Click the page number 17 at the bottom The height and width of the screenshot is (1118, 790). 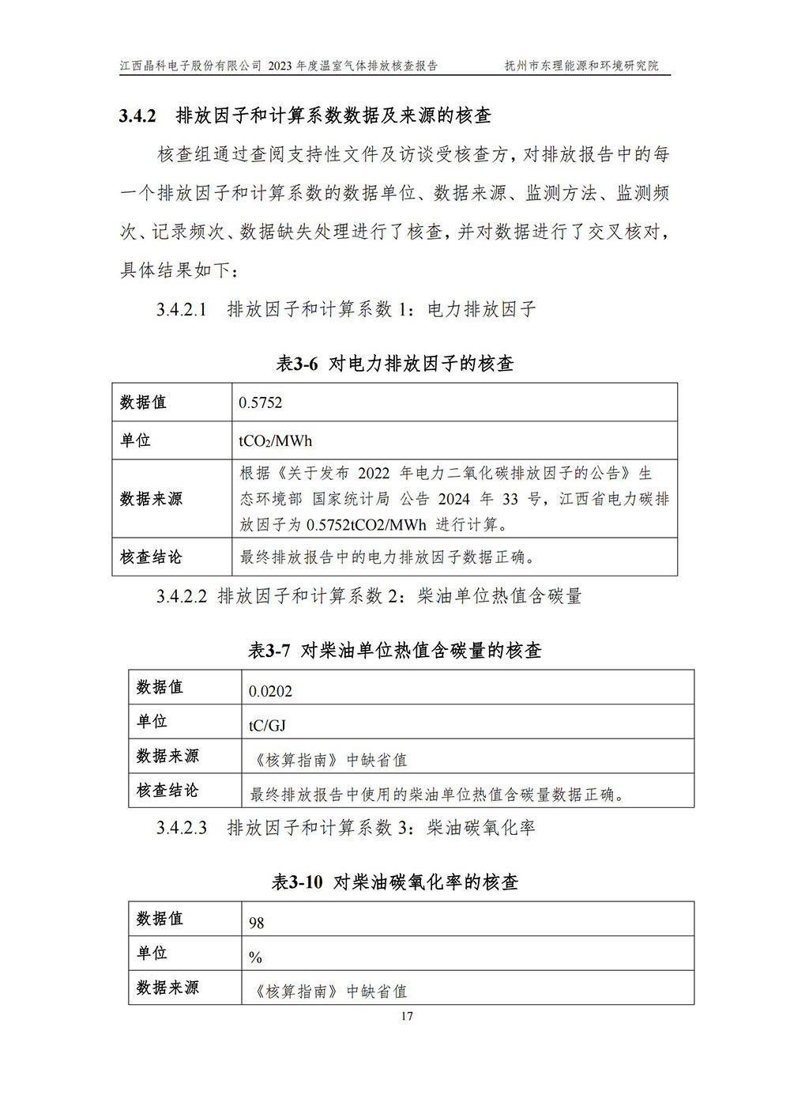click(406, 1016)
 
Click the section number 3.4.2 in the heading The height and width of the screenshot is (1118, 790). click(137, 115)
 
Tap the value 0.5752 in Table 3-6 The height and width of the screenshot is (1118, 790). click(260, 402)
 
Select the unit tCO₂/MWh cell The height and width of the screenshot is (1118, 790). click(275, 441)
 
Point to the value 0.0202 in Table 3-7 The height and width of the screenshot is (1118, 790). click(270, 691)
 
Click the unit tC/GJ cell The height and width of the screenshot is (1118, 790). click(267, 725)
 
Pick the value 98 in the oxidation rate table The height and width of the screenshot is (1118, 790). click(256, 923)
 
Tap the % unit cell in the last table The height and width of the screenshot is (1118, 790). click(255, 957)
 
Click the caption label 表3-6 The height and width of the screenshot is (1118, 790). click(296, 364)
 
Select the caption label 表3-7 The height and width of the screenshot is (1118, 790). click(269, 651)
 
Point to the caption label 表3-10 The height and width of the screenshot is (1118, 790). click(297, 882)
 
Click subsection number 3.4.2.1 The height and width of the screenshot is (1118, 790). click(182, 309)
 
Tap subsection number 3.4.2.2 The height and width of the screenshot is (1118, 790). click(182, 596)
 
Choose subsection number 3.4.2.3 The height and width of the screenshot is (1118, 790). click(182, 828)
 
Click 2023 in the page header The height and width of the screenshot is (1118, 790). click(280, 66)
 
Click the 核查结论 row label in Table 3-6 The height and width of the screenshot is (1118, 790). click(151, 557)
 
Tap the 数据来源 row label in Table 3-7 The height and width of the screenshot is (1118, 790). click(167, 757)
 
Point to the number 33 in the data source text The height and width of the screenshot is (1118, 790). click(510, 499)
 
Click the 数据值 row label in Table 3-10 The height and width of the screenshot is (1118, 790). click(160, 919)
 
